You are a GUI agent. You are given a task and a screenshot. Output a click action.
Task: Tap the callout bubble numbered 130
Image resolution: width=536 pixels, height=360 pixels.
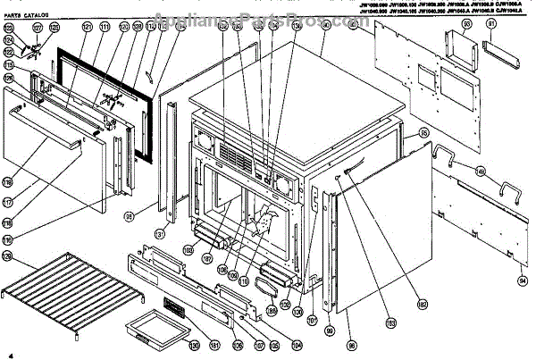click(x=194, y=344)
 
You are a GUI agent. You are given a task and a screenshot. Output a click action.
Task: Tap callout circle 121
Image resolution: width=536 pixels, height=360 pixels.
click(x=88, y=28)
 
